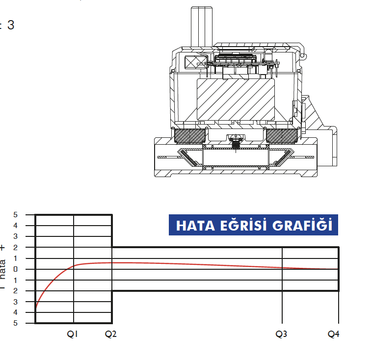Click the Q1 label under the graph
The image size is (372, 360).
73,334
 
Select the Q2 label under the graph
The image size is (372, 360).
111,334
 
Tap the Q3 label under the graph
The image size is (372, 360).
282,334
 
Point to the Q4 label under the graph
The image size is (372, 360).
334,334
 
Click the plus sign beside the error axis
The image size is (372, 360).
3,248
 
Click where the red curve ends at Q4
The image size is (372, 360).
338,269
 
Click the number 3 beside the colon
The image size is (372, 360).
10,26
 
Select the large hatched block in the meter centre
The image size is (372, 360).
236,100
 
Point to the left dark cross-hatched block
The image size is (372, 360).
190,135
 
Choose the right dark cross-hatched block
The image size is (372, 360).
282,135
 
